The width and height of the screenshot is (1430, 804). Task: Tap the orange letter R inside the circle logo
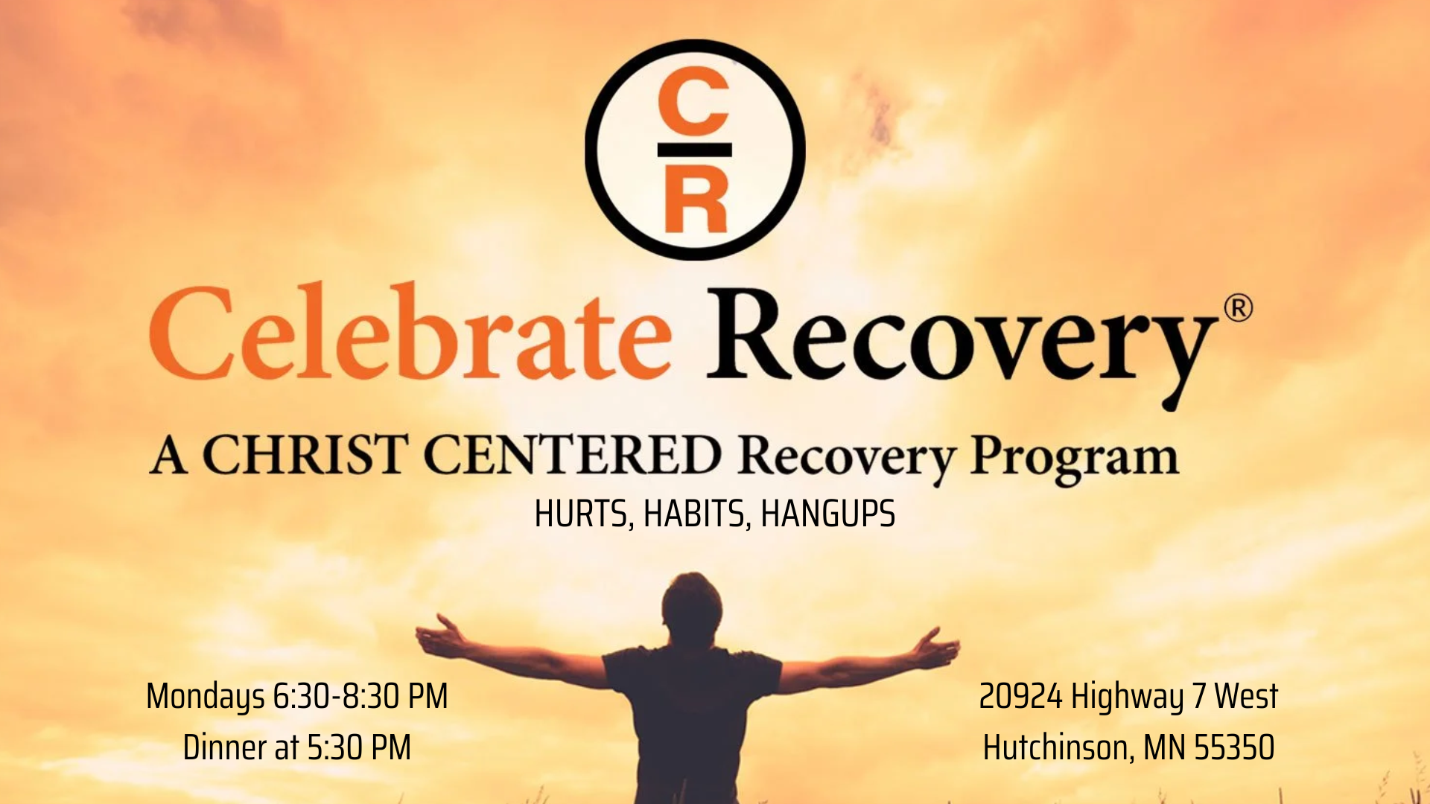point(695,199)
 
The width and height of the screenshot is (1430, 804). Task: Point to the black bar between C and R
point(694,150)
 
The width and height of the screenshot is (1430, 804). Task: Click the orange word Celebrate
point(410,332)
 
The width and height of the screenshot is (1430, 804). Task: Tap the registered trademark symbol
point(1238,308)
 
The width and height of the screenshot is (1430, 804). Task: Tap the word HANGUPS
point(827,514)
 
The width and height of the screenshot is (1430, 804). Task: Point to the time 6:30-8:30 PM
point(360,696)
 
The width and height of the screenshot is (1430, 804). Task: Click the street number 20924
point(1020,697)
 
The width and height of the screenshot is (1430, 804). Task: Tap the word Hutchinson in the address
point(1058,747)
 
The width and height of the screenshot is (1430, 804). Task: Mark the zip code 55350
point(1234,747)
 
